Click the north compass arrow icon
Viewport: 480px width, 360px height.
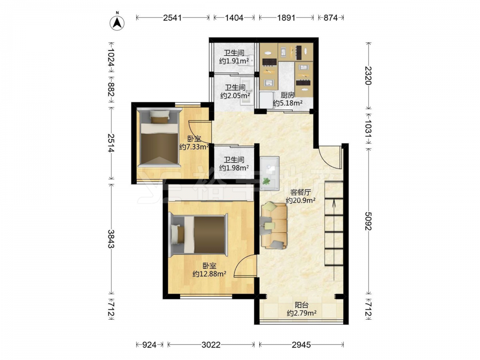(x=117, y=23)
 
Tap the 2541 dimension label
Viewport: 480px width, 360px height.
(x=172, y=18)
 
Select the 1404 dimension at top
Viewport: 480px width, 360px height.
(x=234, y=18)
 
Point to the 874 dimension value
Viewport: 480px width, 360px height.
(x=331, y=18)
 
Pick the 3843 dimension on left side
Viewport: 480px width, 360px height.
(x=111, y=239)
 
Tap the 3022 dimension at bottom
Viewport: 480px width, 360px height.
(x=211, y=345)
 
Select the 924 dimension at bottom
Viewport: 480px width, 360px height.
(x=150, y=345)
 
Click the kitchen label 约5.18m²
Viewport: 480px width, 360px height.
(x=288, y=103)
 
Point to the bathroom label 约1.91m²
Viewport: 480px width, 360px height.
(x=234, y=61)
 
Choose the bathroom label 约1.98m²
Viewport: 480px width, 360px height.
(x=234, y=168)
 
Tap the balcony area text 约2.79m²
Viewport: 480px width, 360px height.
(x=301, y=313)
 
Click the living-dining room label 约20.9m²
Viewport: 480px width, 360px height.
(x=300, y=201)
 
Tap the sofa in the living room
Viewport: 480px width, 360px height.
(x=274, y=226)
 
